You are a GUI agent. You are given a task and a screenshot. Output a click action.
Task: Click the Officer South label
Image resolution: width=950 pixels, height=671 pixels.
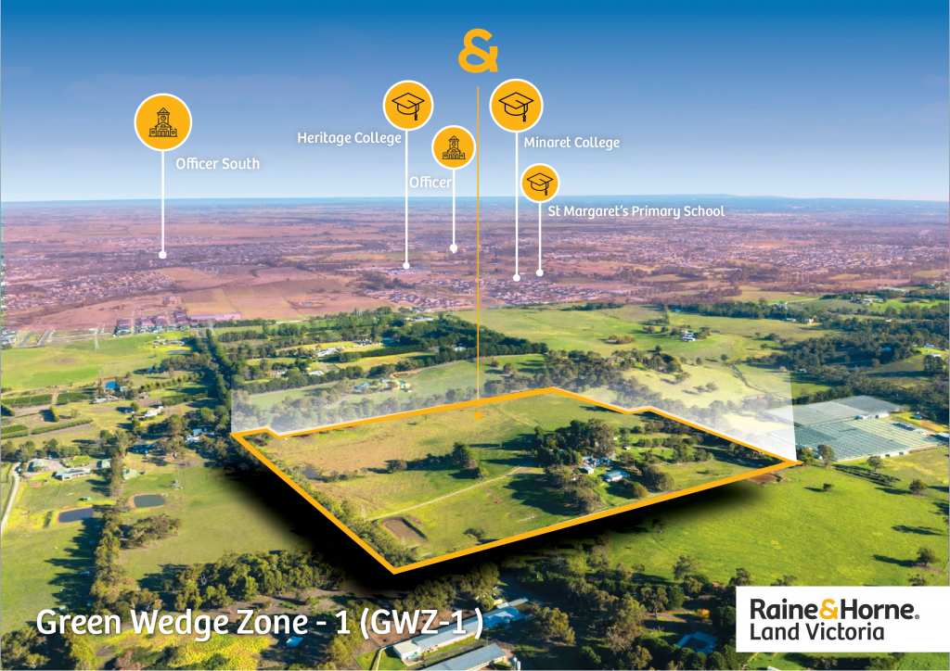pyautogui.click(x=217, y=163)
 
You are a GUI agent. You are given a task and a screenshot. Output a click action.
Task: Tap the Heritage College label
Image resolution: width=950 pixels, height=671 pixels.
pyautogui.click(x=349, y=138)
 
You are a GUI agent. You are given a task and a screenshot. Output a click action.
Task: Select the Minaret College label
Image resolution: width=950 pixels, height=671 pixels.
pyautogui.click(x=571, y=142)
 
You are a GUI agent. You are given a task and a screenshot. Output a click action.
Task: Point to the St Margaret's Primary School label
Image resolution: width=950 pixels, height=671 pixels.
pyautogui.click(x=635, y=211)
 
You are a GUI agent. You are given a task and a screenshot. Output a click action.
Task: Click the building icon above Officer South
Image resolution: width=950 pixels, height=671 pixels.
pyautogui.click(x=163, y=122)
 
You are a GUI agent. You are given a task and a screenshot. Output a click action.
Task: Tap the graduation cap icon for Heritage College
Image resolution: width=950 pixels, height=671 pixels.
pyautogui.click(x=408, y=106)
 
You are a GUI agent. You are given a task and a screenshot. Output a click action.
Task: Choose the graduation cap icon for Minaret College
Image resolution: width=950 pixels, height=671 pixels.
pyautogui.click(x=516, y=106)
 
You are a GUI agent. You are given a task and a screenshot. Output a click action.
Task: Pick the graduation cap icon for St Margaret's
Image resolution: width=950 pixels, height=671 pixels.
pyautogui.click(x=540, y=183)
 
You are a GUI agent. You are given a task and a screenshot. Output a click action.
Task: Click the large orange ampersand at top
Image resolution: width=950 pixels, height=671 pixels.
pyautogui.click(x=478, y=51)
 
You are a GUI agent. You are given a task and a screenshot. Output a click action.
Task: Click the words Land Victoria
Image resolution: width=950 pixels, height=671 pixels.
pyautogui.click(x=816, y=632)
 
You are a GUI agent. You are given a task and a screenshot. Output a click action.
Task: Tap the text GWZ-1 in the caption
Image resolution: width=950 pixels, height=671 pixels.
pyautogui.click(x=421, y=621)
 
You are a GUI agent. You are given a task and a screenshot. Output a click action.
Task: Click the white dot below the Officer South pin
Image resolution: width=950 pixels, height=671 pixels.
pyautogui.click(x=162, y=255)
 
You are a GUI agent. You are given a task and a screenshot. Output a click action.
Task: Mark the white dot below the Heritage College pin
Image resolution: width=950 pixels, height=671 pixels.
pyautogui.click(x=406, y=266)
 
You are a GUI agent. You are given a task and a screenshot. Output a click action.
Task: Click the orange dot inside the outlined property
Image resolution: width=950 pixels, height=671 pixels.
pyautogui.click(x=478, y=416)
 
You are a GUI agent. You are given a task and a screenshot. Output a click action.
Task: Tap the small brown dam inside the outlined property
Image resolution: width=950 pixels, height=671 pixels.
pyautogui.click(x=403, y=528)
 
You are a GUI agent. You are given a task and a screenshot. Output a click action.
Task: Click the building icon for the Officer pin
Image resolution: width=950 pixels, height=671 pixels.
pyautogui.click(x=453, y=147)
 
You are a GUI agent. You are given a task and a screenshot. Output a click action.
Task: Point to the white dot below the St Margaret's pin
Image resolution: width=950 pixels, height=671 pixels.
pyautogui.click(x=540, y=272)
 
